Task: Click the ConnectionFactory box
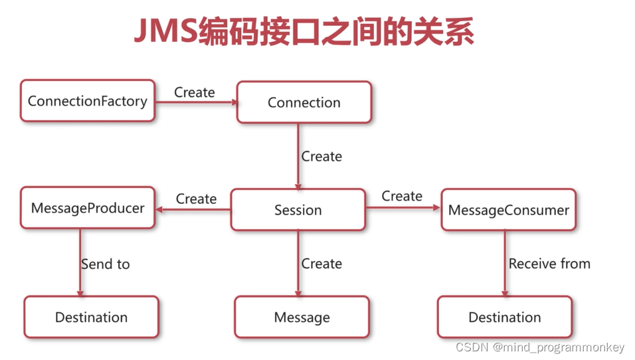(x=87, y=101)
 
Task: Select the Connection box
(x=304, y=102)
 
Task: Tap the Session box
(x=298, y=210)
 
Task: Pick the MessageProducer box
(x=87, y=208)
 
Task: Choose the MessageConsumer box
(x=508, y=210)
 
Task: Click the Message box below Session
(x=302, y=317)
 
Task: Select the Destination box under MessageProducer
(x=91, y=317)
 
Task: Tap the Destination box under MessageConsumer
(x=504, y=317)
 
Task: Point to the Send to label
(x=105, y=264)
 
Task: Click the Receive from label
(x=549, y=264)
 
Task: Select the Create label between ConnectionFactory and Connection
(x=195, y=92)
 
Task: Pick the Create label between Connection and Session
(x=321, y=156)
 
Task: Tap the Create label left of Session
(x=196, y=199)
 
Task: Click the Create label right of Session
(x=402, y=196)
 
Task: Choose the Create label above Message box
(x=321, y=264)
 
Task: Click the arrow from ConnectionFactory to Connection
(x=196, y=102)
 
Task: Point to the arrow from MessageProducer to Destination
(x=80, y=262)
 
